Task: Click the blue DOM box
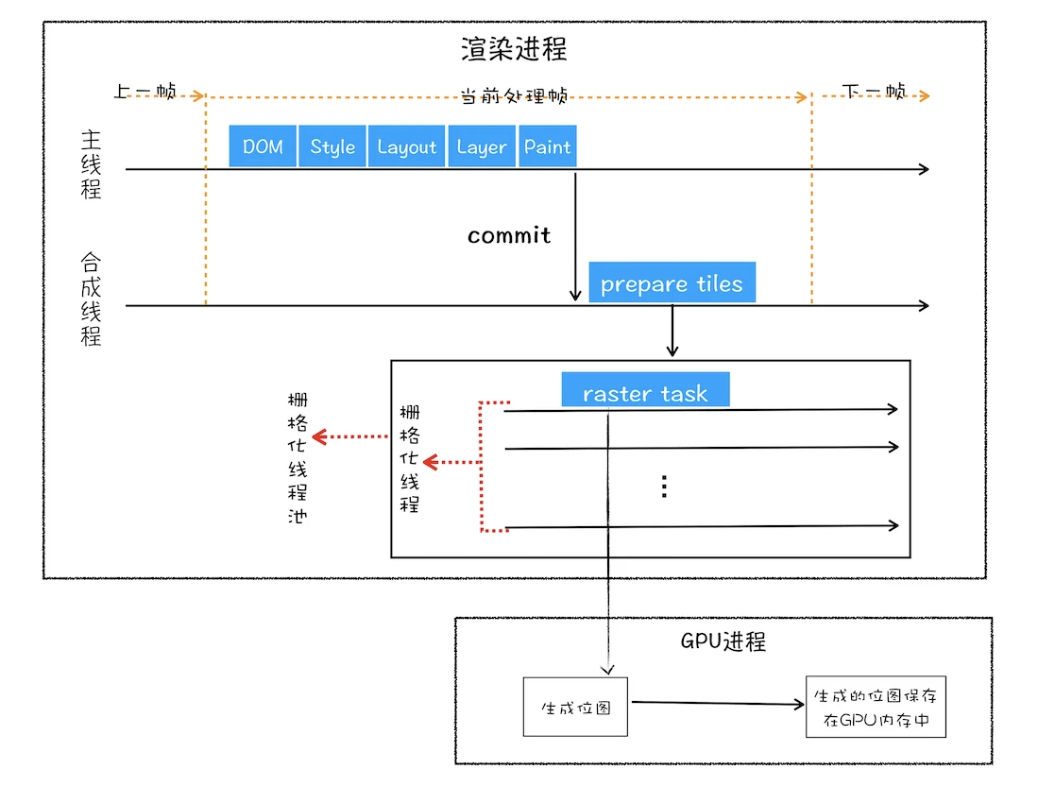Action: tap(263, 145)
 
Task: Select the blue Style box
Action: tap(332, 145)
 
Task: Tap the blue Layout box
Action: tap(406, 145)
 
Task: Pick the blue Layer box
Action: tap(482, 145)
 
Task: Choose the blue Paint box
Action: tap(548, 145)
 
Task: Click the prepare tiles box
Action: tap(672, 282)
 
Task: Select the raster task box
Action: tap(645, 390)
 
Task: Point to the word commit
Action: tap(509, 235)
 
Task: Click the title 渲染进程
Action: tap(515, 49)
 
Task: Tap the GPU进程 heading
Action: tap(723, 641)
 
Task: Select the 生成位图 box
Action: tap(575, 707)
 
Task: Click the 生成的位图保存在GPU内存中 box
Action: tap(876, 707)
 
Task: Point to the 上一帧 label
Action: tap(145, 91)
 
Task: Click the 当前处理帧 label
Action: tap(515, 96)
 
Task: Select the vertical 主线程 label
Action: tap(91, 164)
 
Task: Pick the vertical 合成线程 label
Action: tap(91, 299)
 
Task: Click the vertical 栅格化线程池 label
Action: tap(298, 457)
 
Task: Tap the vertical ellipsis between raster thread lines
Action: tap(664, 486)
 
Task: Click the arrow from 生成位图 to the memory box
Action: tap(718, 703)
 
